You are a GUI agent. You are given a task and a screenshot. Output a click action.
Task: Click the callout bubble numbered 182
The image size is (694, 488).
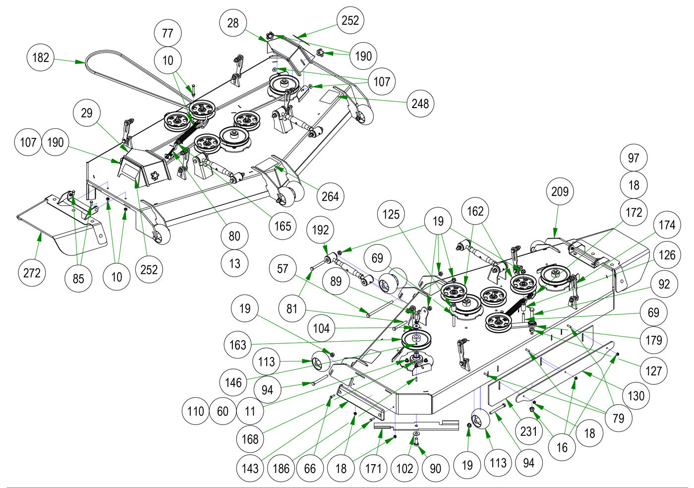point(41,58)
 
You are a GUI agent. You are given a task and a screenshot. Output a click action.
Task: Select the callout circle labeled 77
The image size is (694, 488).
point(168,33)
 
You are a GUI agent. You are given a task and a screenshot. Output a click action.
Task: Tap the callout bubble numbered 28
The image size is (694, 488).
point(233,23)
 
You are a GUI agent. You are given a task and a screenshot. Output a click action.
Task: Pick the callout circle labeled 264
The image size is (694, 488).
point(330,196)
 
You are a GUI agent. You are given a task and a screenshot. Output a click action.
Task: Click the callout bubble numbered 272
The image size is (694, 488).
point(32,273)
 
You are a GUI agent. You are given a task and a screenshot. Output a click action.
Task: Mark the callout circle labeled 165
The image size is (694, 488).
point(283,226)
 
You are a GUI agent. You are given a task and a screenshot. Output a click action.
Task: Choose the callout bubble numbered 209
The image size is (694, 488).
point(560,191)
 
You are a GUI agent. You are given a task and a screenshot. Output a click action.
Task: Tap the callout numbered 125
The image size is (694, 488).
point(391,214)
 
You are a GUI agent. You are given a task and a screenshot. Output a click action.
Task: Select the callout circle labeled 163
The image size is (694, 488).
point(238,344)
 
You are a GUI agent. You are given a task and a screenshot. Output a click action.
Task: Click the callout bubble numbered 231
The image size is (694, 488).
point(528,431)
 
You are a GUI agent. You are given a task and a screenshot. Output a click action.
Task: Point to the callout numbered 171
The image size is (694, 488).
point(373,468)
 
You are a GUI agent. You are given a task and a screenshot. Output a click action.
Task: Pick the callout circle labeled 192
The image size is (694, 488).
point(321,230)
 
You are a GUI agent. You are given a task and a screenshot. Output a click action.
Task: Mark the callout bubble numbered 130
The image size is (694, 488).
point(636,395)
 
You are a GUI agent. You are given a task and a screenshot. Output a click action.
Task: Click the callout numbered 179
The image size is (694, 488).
point(654,340)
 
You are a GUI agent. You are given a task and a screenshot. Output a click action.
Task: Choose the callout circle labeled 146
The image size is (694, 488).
point(233,382)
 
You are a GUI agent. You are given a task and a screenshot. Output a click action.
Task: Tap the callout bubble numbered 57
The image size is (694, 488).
point(283,269)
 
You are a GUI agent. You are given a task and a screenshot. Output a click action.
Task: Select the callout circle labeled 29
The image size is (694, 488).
point(87,113)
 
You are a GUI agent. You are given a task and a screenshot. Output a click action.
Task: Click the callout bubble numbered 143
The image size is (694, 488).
point(250,468)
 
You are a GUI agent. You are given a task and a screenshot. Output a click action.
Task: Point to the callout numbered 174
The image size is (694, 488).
point(667,225)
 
